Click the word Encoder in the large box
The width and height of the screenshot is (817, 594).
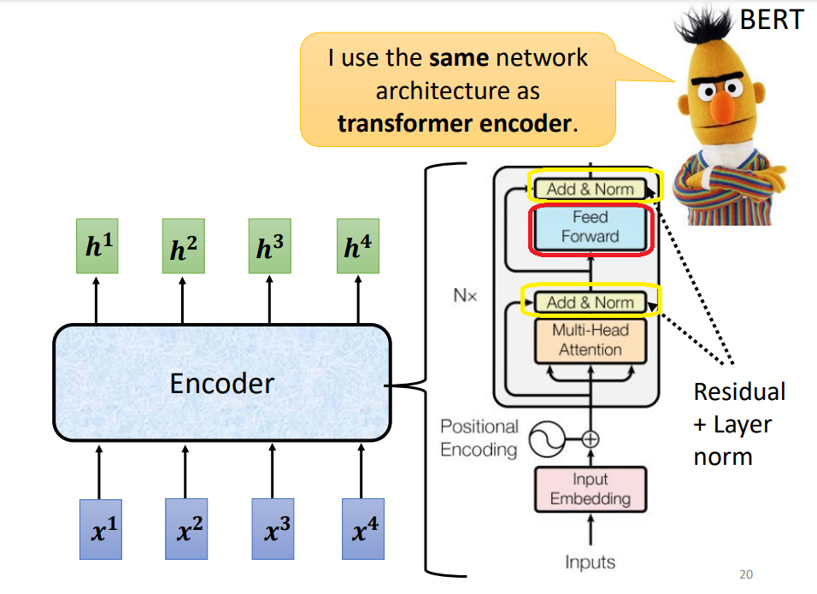[x=222, y=383]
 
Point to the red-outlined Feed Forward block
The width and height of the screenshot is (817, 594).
[x=591, y=228]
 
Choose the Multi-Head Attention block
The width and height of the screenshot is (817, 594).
[x=590, y=339]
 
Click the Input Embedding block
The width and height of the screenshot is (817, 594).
[x=590, y=489]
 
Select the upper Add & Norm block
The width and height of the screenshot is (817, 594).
[x=591, y=189]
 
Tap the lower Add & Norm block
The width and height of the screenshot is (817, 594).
[x=591, y=302]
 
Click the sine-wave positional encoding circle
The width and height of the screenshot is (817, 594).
[x=545, y=440]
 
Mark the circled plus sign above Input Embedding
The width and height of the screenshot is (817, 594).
[x=591, y=440]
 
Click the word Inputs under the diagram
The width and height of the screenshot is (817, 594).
[x=590, y=562]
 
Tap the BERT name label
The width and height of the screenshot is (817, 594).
[x=771, y=19]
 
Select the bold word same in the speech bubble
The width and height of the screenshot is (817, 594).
[x=458, y=58]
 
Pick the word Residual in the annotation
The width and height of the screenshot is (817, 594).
[x=739, y=391]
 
